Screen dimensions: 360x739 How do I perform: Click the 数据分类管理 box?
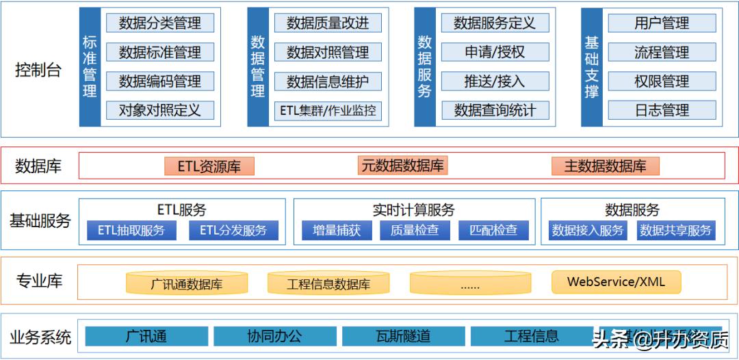[159, 23]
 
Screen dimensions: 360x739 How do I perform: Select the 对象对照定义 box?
[159, 110]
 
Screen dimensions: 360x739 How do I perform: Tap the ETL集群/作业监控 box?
[328, 110]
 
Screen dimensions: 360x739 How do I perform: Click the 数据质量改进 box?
[328, 23]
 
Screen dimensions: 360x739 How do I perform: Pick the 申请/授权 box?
[495, 52]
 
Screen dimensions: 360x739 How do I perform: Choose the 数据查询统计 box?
[495, 110]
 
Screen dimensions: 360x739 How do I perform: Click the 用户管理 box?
[662, 23]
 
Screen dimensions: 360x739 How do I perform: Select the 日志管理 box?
[662, 110]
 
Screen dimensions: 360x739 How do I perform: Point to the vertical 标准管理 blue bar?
[90, 67]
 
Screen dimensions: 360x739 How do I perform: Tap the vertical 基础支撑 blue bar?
[591, 67]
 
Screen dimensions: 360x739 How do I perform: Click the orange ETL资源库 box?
[209, 166]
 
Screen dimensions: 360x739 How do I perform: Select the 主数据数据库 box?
[605, 166]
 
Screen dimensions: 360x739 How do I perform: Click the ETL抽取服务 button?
[131, 230]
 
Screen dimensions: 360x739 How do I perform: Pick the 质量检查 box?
[415, 230]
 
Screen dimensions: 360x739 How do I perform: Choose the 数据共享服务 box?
[675, 230]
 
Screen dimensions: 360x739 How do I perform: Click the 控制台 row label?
[38, 69]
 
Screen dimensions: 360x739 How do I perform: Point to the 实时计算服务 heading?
[413, 209]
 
